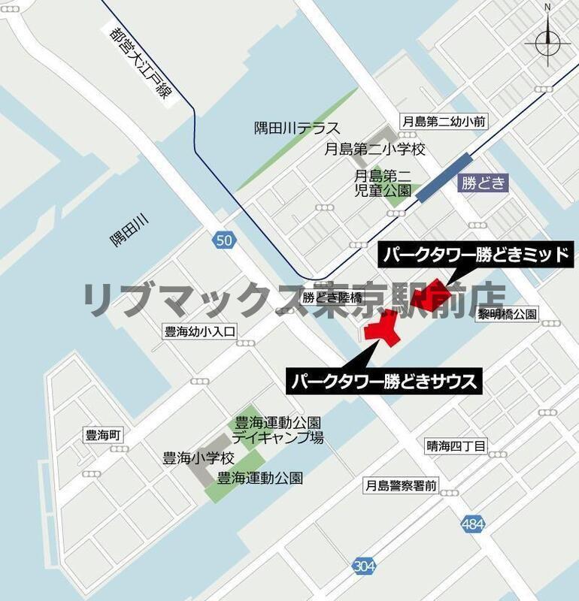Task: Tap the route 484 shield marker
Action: [472, 524]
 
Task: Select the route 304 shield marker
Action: [363, 566]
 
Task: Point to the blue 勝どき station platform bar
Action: [444, 177]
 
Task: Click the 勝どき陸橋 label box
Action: [327, 297]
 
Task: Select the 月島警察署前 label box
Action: [401, 485]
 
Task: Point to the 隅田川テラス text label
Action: [297, 128]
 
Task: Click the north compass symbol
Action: [547, 40]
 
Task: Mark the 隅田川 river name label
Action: [130, 230]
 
